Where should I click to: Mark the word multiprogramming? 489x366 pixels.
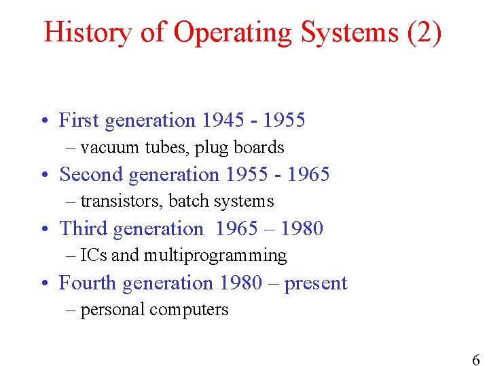215,256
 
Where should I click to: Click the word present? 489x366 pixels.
316,283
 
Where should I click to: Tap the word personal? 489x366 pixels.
113,310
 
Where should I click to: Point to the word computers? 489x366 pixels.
189,310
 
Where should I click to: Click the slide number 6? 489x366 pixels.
475,360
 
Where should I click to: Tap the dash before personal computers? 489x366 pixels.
72,310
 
